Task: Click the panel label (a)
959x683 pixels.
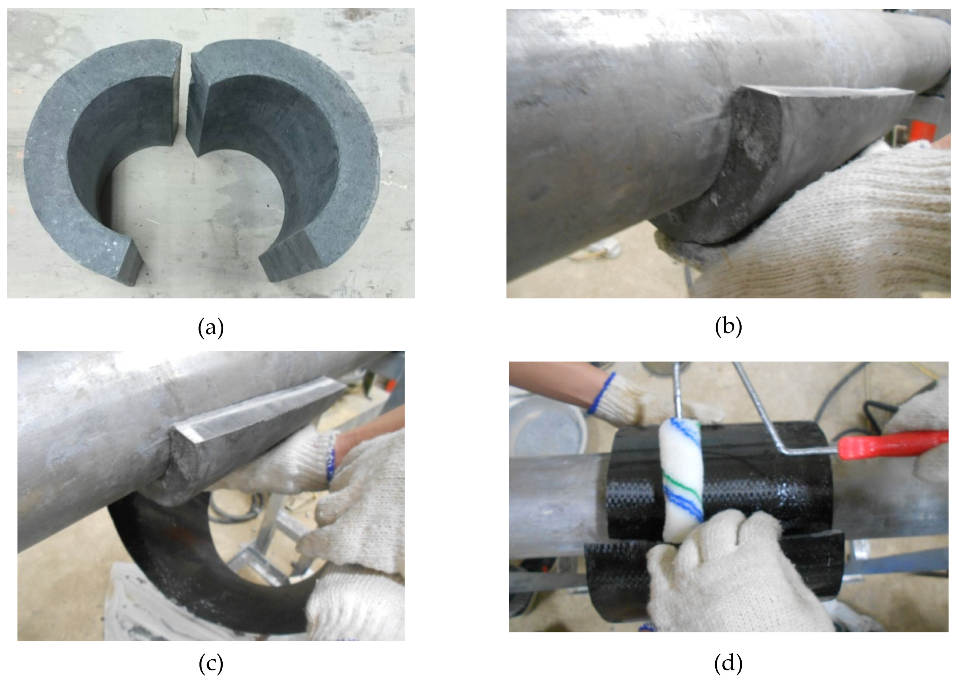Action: pos(210,327)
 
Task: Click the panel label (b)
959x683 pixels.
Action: pos(728,327)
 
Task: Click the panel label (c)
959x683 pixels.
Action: pos(210,663)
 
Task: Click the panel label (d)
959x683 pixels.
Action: pos(728,663)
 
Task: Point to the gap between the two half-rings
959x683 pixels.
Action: pos(184,97)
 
